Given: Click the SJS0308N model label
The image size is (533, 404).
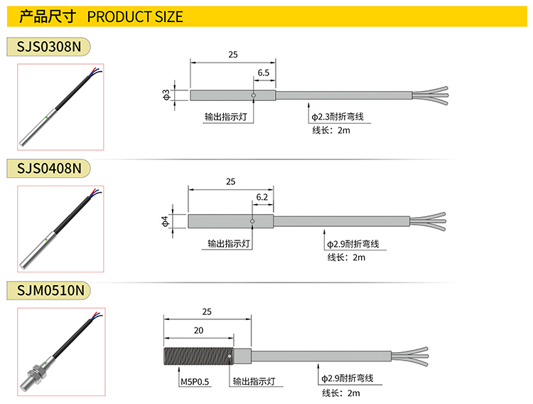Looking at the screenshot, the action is [x=49, y=47].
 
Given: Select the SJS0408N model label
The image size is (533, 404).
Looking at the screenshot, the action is [x=49, y=168].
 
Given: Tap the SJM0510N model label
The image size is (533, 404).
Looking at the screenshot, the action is [x=50, y=290].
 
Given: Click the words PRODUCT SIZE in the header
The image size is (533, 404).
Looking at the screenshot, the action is [x=135, y=16].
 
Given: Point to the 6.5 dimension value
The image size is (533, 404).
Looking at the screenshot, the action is [x=264, y=73].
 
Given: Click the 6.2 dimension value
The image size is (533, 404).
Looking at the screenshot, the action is [x=262, y=197].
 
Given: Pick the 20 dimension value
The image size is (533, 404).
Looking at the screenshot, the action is [x=198, y=330].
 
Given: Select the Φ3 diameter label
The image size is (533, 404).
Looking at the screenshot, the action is [x=166, y=95].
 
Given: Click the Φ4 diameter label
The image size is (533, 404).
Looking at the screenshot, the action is [x=165, y=221].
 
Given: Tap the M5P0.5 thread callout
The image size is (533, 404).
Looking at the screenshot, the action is [x=195, y=382].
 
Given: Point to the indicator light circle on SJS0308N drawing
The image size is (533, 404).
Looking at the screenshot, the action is [x=253, y=95].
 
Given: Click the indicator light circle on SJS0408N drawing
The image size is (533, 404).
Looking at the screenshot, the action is [x=252, y=221].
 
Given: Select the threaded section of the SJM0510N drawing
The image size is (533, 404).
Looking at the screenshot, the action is [x=198, y=356].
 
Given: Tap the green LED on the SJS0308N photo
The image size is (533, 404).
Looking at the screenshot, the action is [x=47, y=118].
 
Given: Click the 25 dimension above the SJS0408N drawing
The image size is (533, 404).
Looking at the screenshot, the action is [x=230, y=181].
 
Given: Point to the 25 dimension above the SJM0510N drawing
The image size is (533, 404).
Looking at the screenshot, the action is [x=207, y=312].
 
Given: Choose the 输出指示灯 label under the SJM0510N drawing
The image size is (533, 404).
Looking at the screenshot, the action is [x=254, y=381].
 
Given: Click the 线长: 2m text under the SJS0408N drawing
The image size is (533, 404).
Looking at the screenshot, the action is [x=346, y=257].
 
